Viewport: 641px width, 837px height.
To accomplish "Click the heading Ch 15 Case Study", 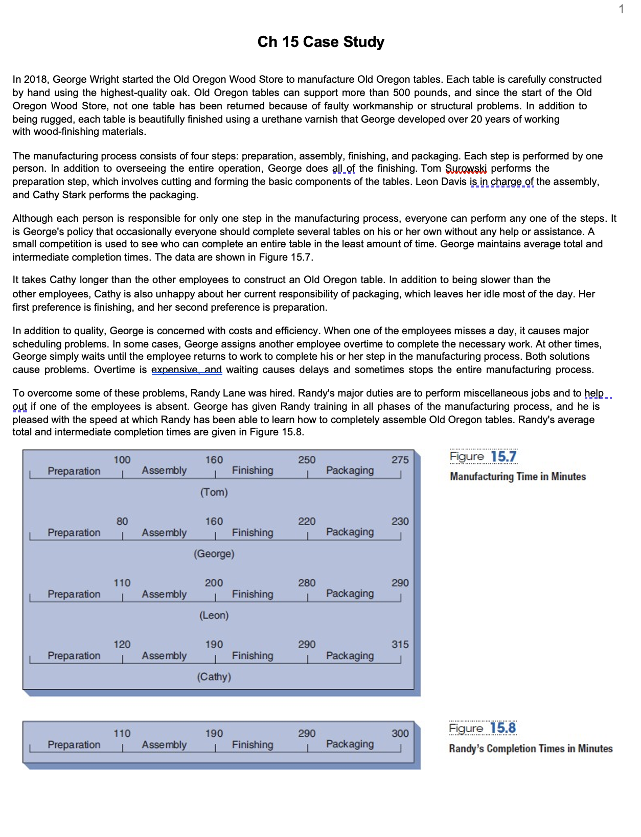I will [x=320, y=42].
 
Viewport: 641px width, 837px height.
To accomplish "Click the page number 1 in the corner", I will [x=621, y=9].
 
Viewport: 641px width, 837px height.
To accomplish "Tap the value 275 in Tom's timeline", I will [x=400, y=460].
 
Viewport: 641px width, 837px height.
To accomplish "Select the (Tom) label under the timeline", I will [x=214, y=492].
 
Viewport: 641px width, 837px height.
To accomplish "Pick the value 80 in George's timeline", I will [x=122, y=521].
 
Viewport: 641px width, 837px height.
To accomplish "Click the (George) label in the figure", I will [x=214, y=554].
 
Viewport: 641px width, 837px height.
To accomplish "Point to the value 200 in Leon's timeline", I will [x=214, y=583].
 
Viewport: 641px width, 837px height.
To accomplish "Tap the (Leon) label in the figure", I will [x=214, y=615].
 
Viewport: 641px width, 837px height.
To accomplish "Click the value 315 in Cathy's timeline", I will [x=400, y=644].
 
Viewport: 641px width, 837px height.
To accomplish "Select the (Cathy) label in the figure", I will [x=214, y=677].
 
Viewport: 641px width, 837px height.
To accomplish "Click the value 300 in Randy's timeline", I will [x=400, y=734].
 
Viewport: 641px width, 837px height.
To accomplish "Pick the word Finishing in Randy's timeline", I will [x=253, y=745].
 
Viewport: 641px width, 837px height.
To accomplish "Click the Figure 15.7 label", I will [x=483, y=456].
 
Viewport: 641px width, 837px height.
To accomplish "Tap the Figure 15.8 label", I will [x=483, y=728].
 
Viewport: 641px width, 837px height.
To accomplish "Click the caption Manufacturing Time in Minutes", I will [x=517, y=477].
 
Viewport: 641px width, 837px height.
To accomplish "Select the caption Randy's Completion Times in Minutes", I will [x=531, y=749].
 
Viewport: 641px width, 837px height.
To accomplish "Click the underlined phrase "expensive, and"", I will [x=187, y=369].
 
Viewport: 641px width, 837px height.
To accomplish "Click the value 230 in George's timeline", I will [x=400, y=521].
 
